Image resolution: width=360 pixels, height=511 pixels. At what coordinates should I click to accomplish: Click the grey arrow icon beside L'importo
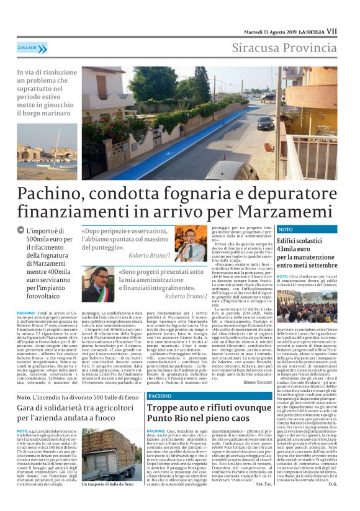[21, 232]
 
